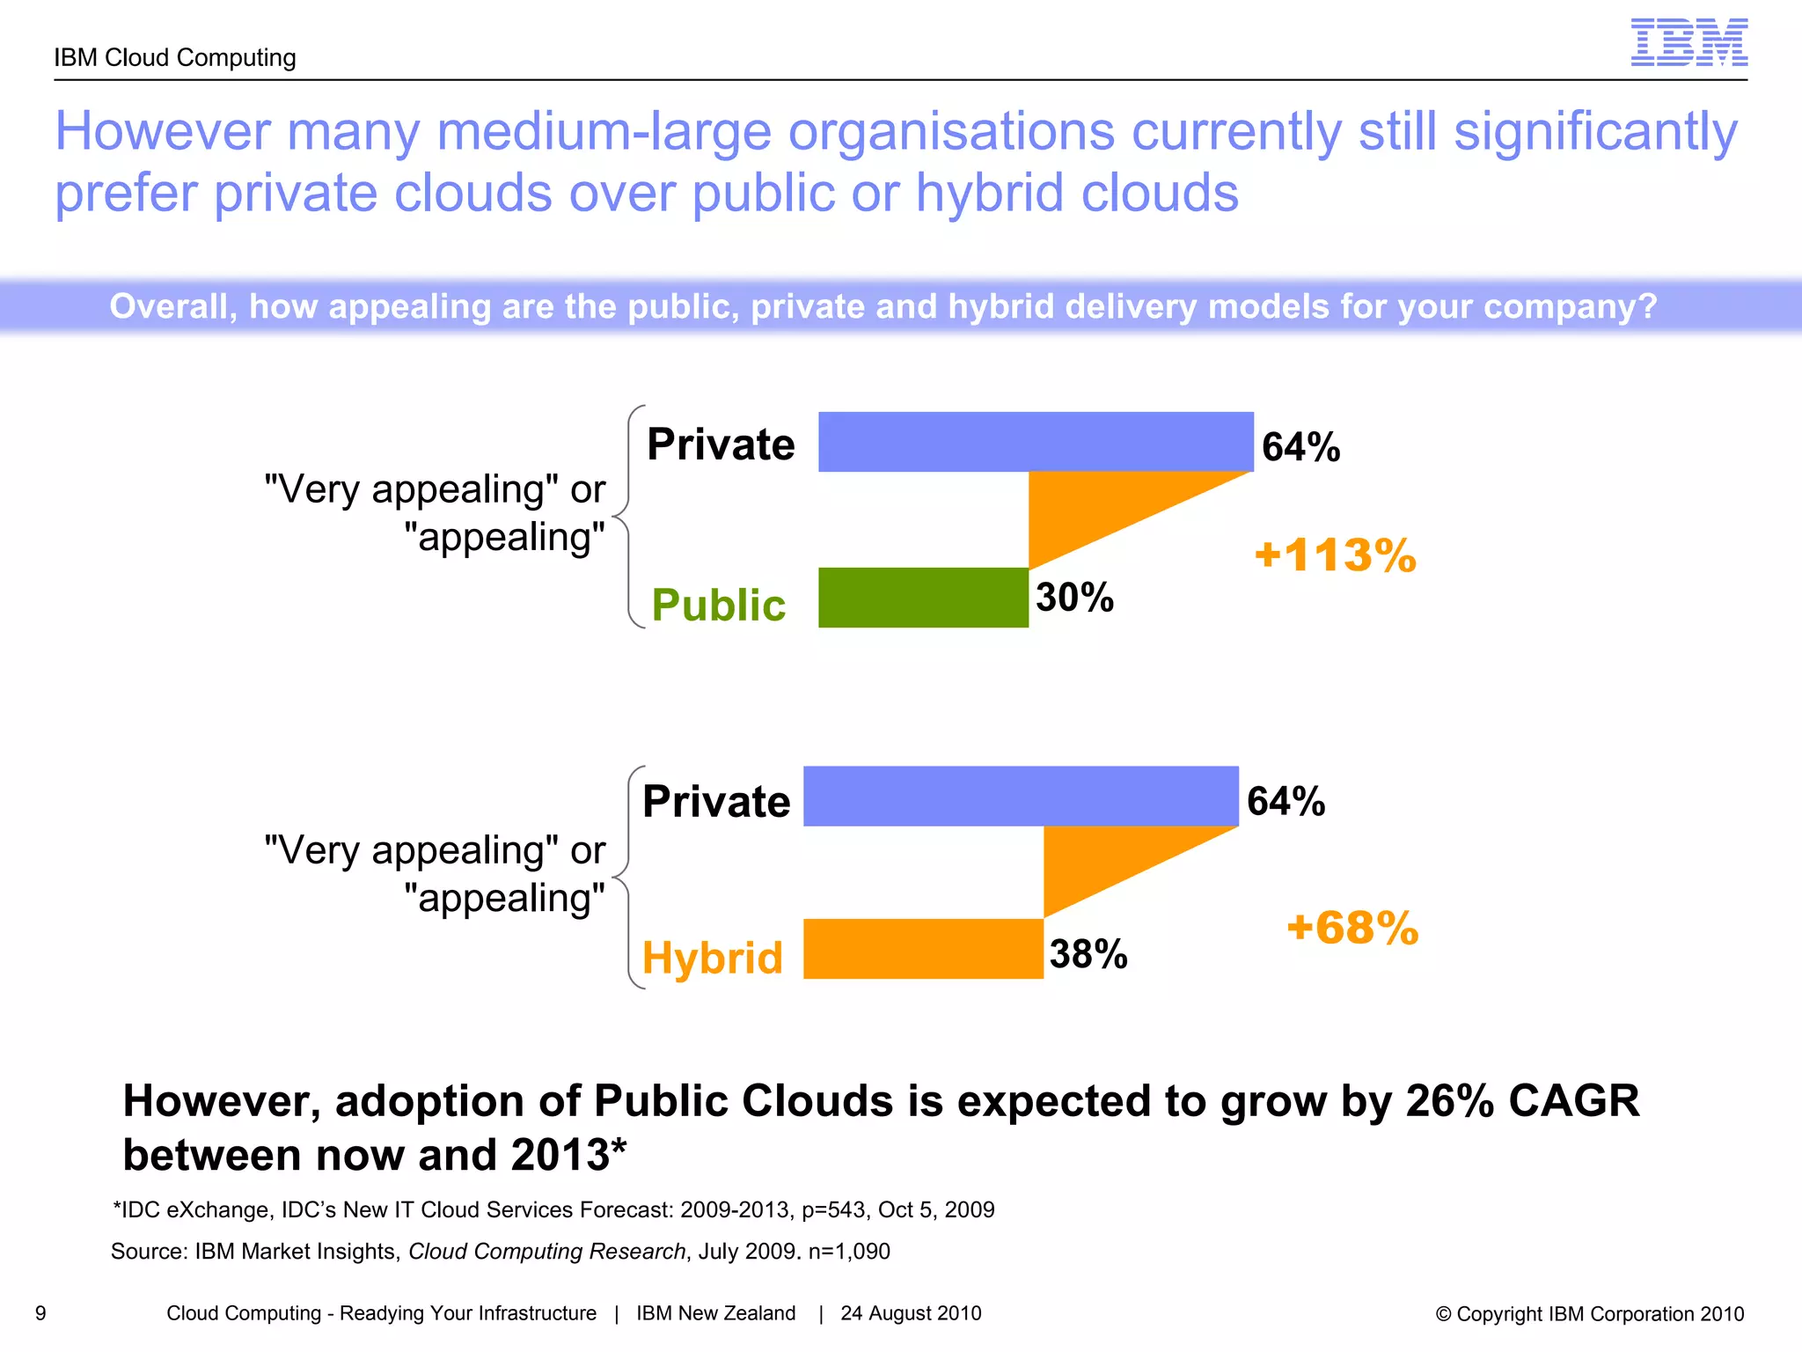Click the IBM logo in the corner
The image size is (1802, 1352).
coord(1688,42)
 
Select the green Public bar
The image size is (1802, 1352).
coord(923,598)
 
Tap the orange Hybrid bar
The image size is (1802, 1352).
coord(923,949)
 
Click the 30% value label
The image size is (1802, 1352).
coord(1074,598)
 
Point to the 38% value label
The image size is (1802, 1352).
coord(1088,954)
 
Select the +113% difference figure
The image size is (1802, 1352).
coord(1335,555)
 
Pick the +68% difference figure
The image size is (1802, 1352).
coord(1352,928)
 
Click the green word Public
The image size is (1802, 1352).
coord(718,606)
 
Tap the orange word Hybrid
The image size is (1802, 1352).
coord(712,958)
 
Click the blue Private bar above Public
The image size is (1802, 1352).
coord(1036,442)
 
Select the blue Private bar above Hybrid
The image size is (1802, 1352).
coord(1021,796)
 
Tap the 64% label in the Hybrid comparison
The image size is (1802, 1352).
coord(1286,802)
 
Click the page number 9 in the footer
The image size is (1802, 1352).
coord(40,1313)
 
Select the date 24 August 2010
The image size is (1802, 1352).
coord(911,1313)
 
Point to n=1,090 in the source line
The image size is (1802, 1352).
coord(849,1252)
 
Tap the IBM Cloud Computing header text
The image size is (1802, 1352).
coord(175,58)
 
